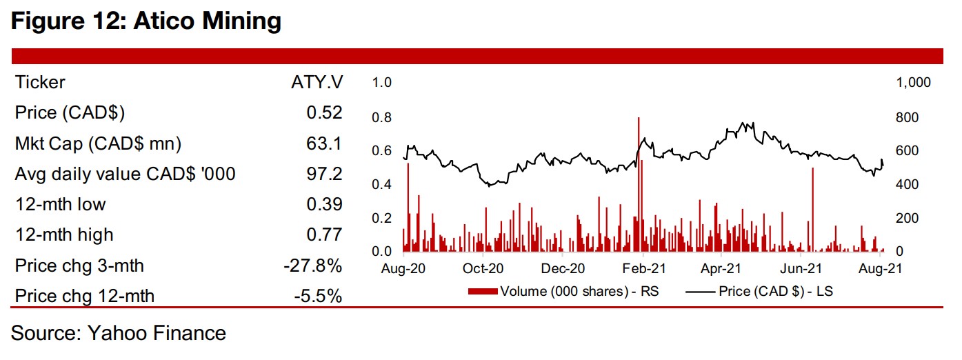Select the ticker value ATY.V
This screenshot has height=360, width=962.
317,83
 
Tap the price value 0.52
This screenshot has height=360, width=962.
324,113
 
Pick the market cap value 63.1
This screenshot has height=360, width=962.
324,143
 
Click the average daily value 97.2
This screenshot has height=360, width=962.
324,174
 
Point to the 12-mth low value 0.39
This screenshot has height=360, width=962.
324,204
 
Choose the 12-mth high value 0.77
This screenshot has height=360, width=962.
324,234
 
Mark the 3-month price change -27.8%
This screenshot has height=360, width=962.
314,266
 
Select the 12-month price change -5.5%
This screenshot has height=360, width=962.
319,296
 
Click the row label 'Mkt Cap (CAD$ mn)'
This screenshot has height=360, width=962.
98,143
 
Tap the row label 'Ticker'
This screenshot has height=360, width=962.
40,83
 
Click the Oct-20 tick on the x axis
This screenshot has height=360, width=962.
483,268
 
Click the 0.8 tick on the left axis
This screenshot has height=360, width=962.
381,117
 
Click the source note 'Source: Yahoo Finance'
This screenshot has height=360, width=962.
119,334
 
